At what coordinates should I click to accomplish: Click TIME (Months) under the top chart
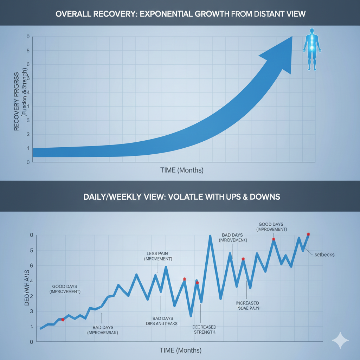(182, 170)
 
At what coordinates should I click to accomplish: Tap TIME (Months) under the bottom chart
(180, 350)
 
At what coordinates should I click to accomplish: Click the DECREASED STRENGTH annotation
(204, 329)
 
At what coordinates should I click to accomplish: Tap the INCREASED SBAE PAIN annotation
(247, 306)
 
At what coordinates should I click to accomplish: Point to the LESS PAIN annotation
(158, 256)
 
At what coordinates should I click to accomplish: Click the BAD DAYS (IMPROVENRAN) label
(102, 329)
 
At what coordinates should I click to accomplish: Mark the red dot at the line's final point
(308, 234)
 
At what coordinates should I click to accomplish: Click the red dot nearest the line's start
(63, 320)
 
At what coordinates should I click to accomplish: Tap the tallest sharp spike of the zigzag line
(210, 236)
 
